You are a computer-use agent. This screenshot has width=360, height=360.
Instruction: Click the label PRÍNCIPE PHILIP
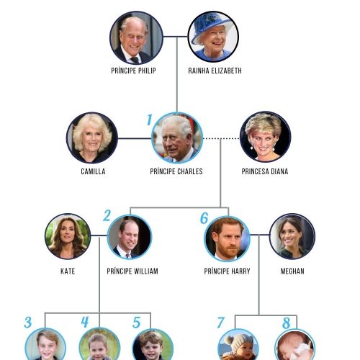(x=133, y=71)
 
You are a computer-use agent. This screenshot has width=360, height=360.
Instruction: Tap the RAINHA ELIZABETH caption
(x=215, y=71)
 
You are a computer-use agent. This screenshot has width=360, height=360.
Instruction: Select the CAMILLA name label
(x=93, y=171)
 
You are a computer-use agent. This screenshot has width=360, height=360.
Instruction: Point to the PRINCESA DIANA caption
(x=265, y=171)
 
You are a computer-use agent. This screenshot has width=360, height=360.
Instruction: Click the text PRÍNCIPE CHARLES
(x=176, y=171)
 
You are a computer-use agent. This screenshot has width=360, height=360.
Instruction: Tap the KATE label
(x=68, y=271)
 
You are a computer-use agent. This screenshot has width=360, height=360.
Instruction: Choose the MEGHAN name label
(x=292, y=271)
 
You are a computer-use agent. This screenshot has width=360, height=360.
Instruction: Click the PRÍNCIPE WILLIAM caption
(x=132, y=271)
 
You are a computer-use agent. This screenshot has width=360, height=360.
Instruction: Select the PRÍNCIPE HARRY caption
(x=227, y=271)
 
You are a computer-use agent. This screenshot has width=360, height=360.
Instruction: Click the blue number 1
(x=150, y=120)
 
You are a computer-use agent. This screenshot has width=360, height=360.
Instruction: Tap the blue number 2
(x=107, y=215)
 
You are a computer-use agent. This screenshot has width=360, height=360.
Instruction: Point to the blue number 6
(x=204, y=218)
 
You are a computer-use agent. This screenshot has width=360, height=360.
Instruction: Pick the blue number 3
(x=28, y=323)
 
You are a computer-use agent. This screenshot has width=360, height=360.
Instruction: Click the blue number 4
(x=85, y=322)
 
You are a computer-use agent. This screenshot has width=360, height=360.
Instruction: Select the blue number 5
(x=137, y=323)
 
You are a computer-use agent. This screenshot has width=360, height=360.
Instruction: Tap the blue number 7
(x=221, y=323)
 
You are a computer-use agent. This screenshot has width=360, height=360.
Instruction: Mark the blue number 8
(x=287, y=323)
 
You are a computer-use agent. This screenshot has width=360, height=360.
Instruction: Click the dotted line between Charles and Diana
(x=221, y=138)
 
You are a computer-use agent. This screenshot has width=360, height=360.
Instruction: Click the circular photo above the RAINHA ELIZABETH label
(x=213, y=37)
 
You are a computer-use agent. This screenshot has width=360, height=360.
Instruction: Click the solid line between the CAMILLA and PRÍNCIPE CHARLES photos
(x=135, y=138)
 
